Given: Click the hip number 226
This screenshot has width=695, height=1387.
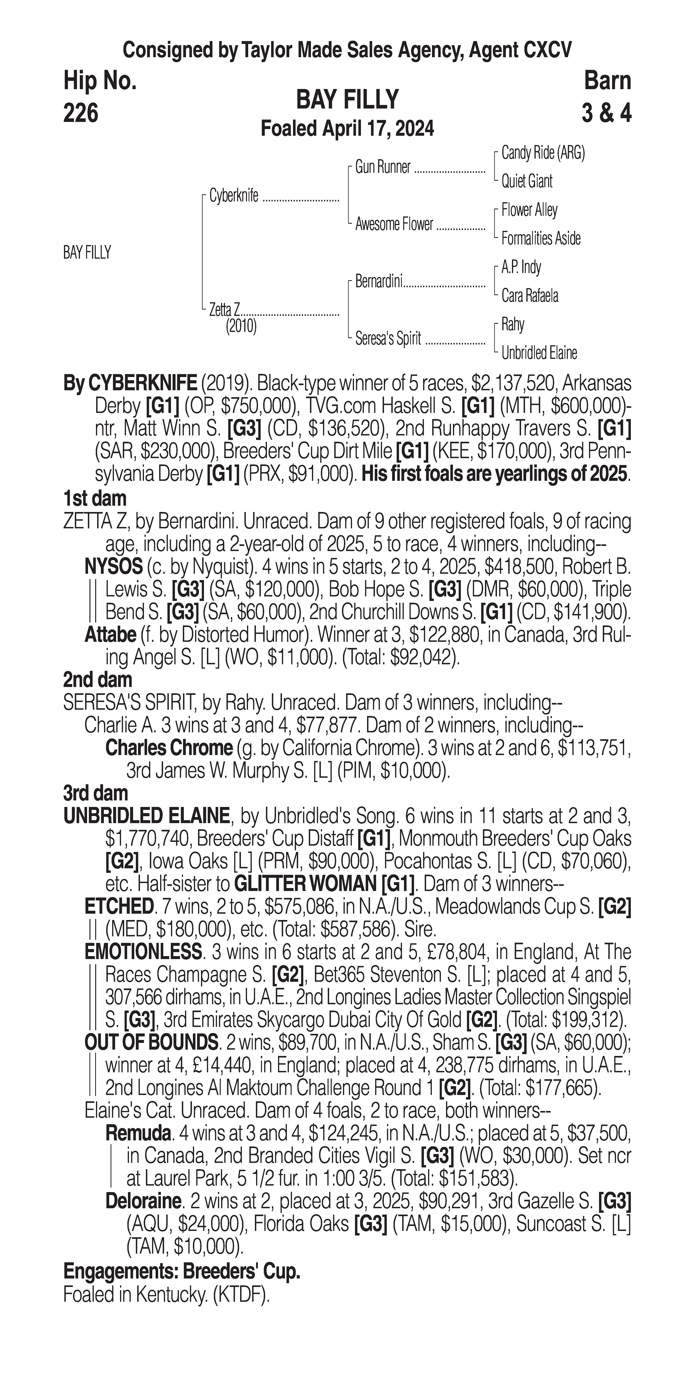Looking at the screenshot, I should [x=81, y=113].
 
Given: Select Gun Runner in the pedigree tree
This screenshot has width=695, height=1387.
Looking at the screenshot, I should [x=382, y=168].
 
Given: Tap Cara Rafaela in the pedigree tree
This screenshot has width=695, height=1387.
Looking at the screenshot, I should [x=530, y=296].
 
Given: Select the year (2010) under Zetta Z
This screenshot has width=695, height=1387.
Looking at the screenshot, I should [x=241, y=326].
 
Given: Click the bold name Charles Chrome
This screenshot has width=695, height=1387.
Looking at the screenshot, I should [x=169, y=748].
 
